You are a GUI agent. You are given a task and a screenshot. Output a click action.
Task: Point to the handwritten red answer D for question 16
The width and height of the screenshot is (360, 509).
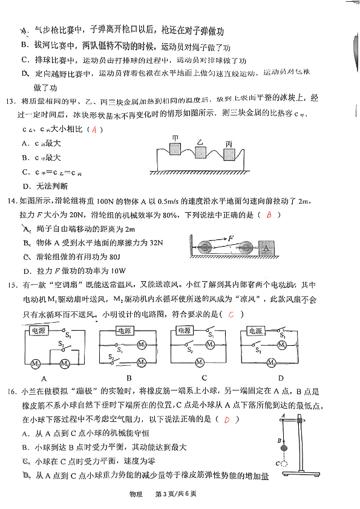pos(227,420)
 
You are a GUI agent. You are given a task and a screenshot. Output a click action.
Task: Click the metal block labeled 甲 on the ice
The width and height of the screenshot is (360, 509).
pos(175,149)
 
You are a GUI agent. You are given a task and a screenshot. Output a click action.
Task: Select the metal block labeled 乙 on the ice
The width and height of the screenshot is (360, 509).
pos(201,152)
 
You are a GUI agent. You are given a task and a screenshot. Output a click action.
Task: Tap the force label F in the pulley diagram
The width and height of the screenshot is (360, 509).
pos(231,239)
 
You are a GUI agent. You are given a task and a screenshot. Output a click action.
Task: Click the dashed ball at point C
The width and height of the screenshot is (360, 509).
pos(280,463)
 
